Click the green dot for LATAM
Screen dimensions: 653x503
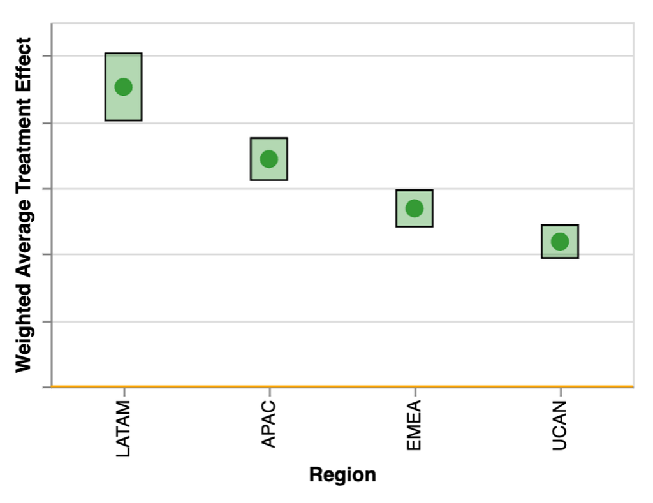click(123, 87)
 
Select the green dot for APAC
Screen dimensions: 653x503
click(269, 159)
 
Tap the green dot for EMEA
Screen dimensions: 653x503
click(415, 208)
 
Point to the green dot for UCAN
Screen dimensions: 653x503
click(560, 242)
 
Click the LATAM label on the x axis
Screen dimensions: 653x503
click(123, 428)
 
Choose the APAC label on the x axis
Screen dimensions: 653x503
click(269, 424)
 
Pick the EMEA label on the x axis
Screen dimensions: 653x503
click(415, 425)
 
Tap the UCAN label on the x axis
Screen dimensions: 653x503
click(560, 425)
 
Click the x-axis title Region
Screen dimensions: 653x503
click(342, 475)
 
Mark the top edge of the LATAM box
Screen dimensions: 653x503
click(123, 54)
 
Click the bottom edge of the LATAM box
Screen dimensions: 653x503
click(123, 120)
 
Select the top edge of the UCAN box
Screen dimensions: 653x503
click(560, 225)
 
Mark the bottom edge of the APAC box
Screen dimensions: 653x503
click(269, 180)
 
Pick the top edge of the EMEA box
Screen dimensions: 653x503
click(415, 190)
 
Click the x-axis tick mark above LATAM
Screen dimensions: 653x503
click(124, 392)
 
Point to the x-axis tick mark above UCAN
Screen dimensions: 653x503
click(561, 392)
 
